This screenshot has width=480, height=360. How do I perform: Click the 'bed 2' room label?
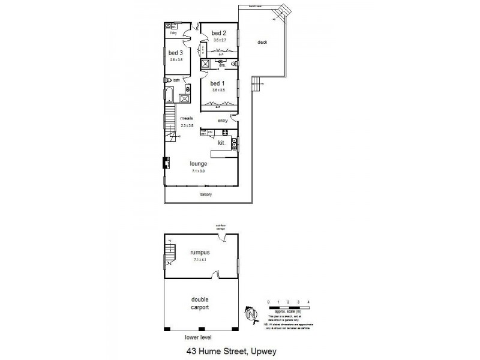tap(219, 33)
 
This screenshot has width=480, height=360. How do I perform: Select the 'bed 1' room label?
tap(217, 83)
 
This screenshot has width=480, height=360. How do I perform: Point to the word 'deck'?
tap(262, 42)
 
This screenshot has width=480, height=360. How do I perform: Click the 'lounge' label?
tap(198, 163)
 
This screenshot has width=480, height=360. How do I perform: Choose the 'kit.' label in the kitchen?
tap(221, 143)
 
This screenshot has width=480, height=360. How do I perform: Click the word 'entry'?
tap(223, 121)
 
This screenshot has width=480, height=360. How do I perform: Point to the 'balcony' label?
tap(206, 195)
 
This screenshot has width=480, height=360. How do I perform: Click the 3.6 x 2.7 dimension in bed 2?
tap(220, 40)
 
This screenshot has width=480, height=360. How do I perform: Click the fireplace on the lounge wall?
tap(165, 163)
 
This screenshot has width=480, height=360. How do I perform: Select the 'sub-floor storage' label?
tap(221, 227)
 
